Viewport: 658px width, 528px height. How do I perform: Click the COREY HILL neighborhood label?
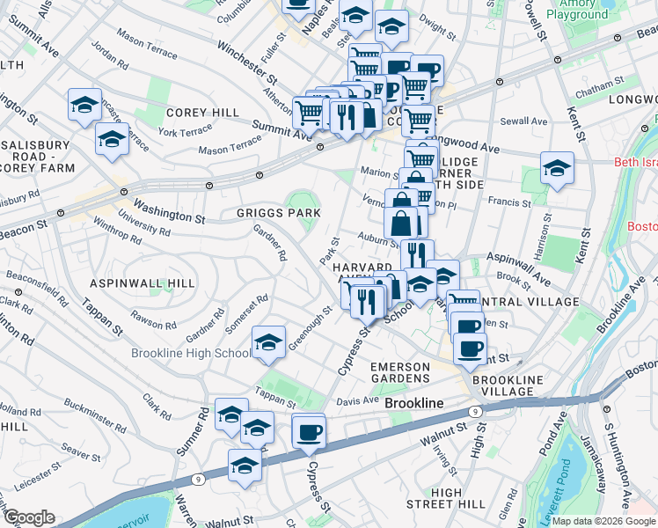coord(202,113)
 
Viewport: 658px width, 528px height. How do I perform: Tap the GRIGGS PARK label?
coord(277,213)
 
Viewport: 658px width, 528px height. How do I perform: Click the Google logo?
coord(29,517)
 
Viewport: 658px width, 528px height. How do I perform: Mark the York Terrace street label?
coord(186,130)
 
